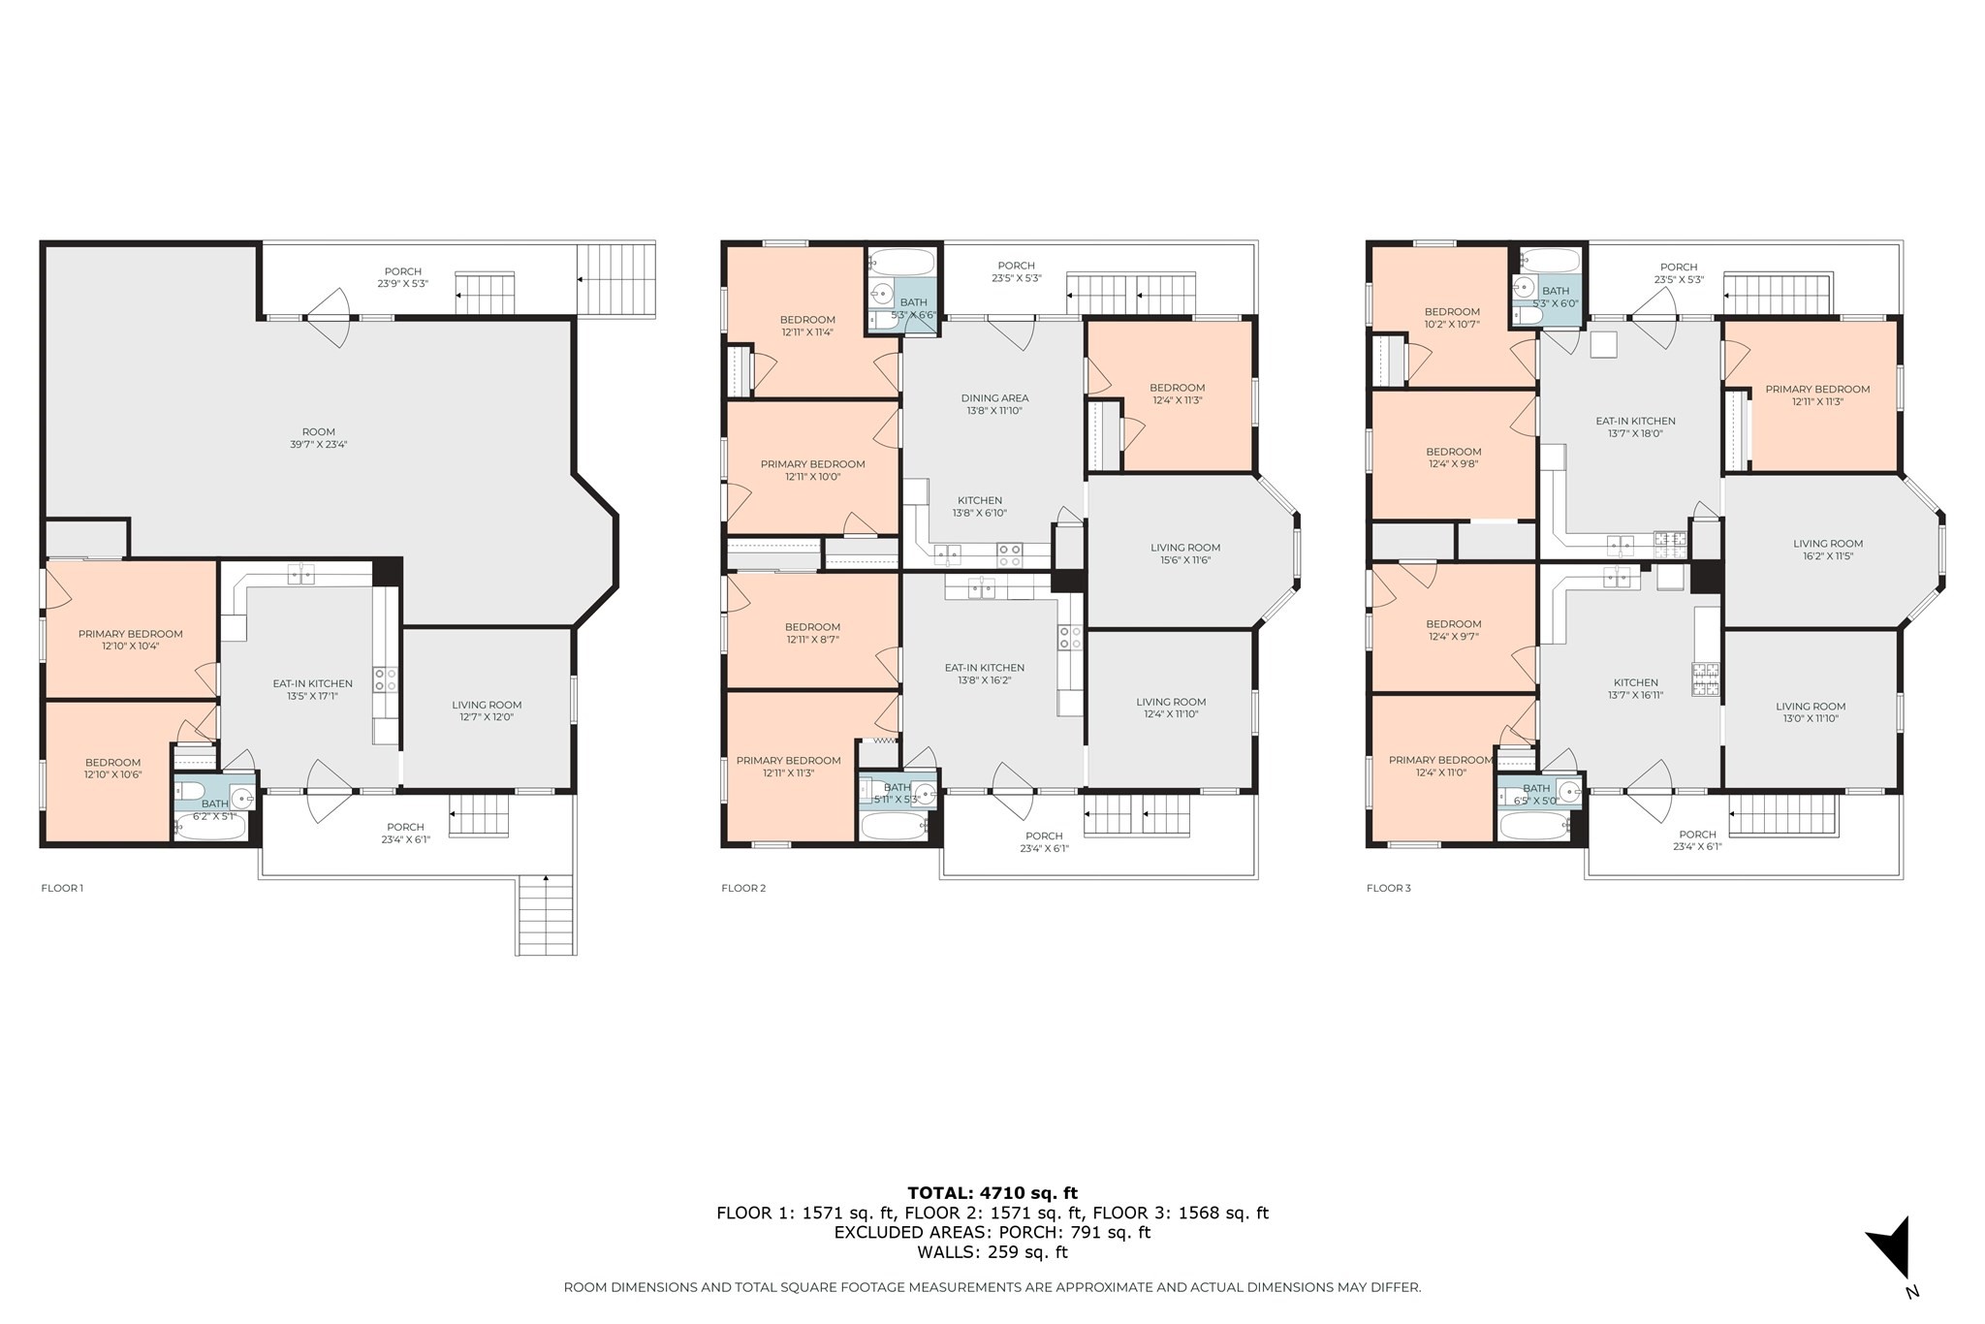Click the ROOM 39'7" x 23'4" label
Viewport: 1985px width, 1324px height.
(x=318, y=438)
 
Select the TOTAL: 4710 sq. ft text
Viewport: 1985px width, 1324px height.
(x=992, y=1193)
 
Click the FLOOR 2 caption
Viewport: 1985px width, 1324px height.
(x=743, y=888)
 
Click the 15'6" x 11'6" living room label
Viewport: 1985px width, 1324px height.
(x=1185, y=553)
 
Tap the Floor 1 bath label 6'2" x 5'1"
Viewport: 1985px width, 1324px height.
(x=214, y=809)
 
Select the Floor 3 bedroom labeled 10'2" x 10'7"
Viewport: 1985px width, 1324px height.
(x=1452, y=318)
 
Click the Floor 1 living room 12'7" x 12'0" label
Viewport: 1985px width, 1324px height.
(x=487, y=710)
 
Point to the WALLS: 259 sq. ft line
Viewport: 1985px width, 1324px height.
(x=992, y=1251)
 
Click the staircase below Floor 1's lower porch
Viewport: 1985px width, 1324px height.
(x=547, y=916)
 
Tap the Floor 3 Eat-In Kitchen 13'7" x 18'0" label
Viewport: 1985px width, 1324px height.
(x=1635, y=427)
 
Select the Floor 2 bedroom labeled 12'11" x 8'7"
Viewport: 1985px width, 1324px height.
(x=812, y=633)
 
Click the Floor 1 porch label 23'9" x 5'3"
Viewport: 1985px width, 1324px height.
(x=402, y=277)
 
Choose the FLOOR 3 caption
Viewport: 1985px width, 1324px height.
(x=1388, y=888)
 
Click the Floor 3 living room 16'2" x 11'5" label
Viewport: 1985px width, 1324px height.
(x=1827, y=550)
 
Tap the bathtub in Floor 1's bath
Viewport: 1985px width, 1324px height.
(x=209, y=827)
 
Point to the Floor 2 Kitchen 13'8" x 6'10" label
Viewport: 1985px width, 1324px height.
(x=980, y=507)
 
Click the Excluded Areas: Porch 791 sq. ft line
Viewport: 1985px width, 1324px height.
(x=992, y=1232)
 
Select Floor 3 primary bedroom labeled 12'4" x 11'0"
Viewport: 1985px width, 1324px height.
(x=1440, y=766)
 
